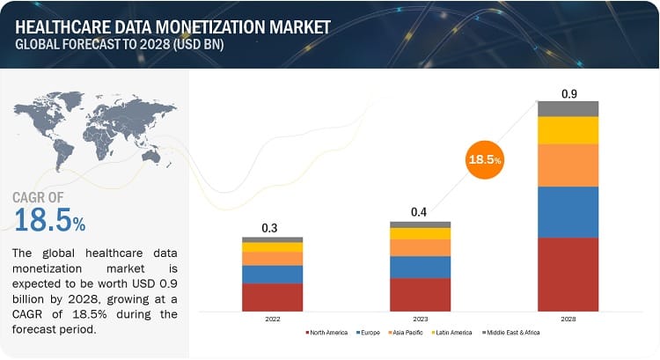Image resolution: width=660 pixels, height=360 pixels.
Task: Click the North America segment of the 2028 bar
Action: tap(568, 274)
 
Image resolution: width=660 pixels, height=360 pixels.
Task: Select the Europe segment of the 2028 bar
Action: tap(568, 211)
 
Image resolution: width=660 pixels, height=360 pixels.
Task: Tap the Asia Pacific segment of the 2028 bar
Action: tap(568, 165)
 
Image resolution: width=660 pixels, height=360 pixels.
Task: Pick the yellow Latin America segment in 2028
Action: tap(568, 130)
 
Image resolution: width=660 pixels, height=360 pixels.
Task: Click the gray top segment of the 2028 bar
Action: tap(568, 108)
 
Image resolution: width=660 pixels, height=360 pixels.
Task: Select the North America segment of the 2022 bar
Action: tap(273, 297)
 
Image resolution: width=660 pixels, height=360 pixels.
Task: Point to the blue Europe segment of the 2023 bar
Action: tap(420, 267)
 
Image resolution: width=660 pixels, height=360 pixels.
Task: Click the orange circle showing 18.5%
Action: tap(485, 159)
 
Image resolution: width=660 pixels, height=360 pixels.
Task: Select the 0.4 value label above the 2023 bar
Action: tap(420, 212)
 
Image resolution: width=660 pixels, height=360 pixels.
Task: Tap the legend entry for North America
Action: tap(327, 333)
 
